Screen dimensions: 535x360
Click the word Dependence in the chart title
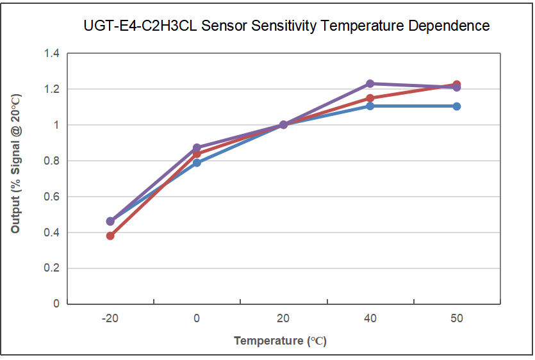point(449,26)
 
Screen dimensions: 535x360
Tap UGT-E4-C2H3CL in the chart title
point(140,26)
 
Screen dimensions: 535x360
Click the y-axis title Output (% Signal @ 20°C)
point(15,163)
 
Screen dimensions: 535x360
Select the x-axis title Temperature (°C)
point(280,341)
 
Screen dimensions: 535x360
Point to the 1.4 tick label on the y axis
point(51,53)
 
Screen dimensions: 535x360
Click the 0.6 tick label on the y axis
point(51,197)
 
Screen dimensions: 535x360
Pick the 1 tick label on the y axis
point(56,125)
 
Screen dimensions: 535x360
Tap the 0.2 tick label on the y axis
point(51,268)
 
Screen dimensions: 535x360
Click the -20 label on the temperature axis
point(110,318)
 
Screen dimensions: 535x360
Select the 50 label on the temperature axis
point(457,318)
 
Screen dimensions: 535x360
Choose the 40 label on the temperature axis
point(370,318)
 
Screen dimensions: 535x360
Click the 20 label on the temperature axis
point(283,318)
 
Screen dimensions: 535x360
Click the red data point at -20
point(110,236)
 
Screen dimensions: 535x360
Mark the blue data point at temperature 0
point(197,163)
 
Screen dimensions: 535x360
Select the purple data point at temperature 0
point(197,148)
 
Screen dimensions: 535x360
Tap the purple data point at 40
point(370,84)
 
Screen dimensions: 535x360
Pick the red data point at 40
point(370,98)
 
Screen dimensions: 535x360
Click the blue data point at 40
point(370,106)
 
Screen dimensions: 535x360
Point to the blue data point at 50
point(457,106)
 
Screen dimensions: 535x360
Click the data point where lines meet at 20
point(283,125)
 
